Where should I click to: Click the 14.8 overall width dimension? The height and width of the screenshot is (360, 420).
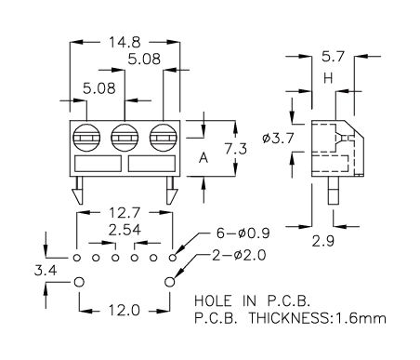point(125,42)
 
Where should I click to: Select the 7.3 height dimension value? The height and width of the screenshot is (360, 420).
point(236,149)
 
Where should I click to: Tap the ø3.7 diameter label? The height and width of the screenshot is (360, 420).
point(278,138)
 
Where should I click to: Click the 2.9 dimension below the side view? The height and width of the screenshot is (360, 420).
point(323,241)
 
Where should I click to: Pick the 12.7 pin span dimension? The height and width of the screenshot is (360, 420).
point(125,213)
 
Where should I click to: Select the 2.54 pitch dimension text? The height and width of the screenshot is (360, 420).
point(125,230)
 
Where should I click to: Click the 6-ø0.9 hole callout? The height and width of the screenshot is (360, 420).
point(243,233)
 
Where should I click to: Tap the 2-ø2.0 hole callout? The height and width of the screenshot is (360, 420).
point(239,255)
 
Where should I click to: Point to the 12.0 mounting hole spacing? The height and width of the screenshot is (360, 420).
point(125,310)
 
